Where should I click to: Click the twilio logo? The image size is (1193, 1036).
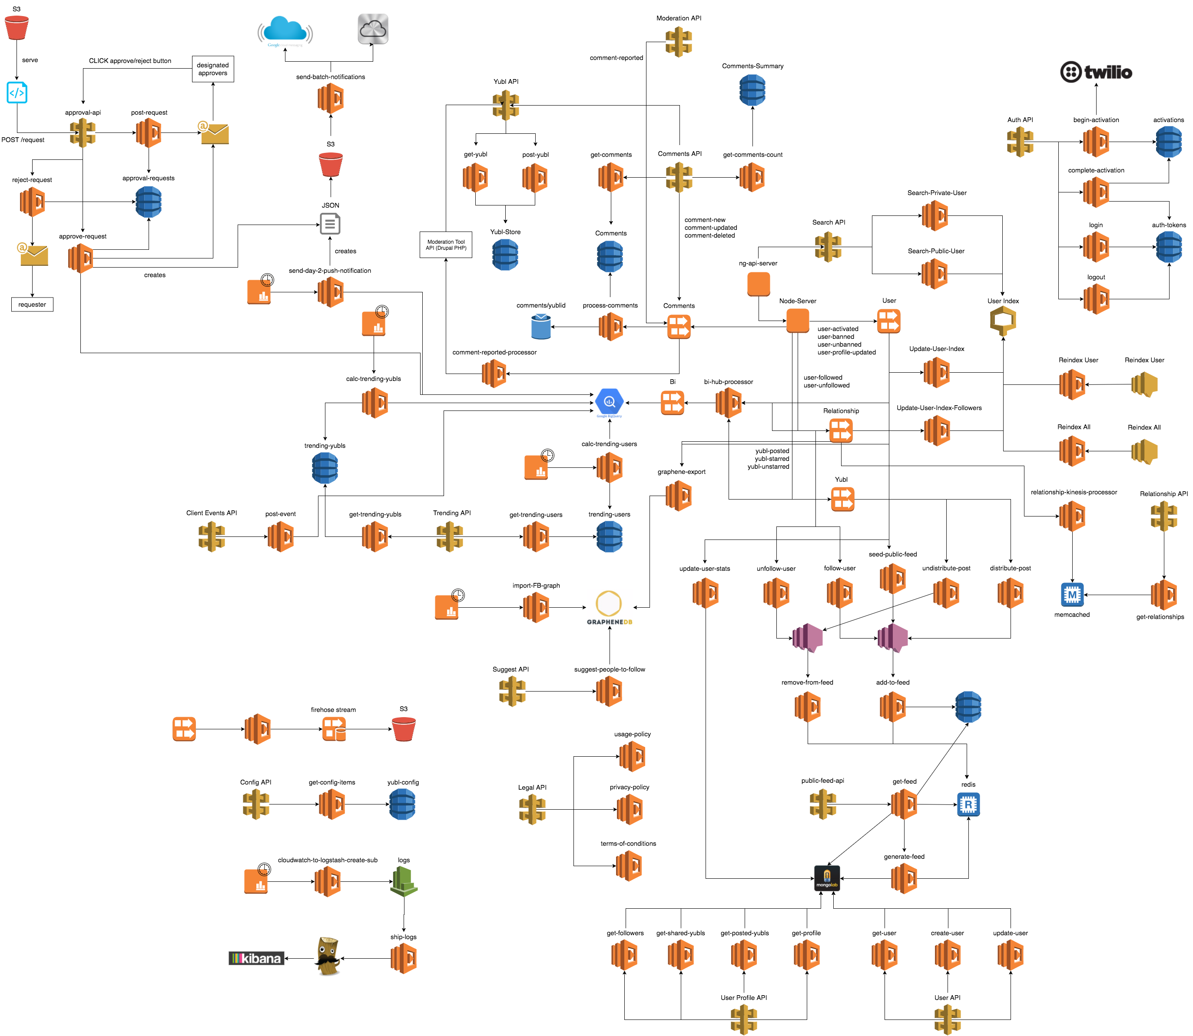coord(1095,72)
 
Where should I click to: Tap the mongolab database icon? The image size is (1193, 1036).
coord(826,877)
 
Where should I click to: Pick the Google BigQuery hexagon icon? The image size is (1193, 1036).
coord(609,402)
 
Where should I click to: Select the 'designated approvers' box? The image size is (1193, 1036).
coord(213,69)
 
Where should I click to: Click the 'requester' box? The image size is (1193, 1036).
coord(33,304)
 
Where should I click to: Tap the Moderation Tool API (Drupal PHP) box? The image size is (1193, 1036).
coord(445,245)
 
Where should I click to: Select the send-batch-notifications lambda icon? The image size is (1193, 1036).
coord(330,98)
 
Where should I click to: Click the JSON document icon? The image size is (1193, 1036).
coord(330,224)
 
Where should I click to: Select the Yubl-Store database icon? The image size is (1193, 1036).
coord(505,255)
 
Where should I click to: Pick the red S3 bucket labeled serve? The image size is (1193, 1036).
coord(17,27)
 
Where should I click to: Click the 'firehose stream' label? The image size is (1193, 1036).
coord(333,709)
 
